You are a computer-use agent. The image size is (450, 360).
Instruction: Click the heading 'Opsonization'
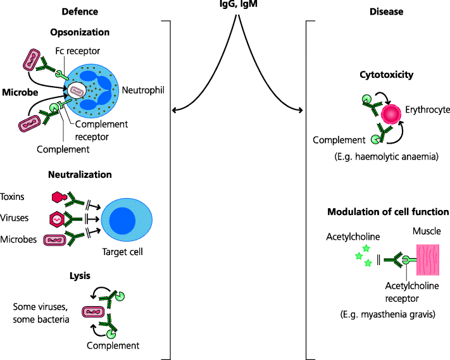pos(85,32)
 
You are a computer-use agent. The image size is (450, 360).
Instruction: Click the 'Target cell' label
pos(123,252)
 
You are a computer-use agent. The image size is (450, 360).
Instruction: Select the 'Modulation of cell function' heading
pos(388,212)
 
